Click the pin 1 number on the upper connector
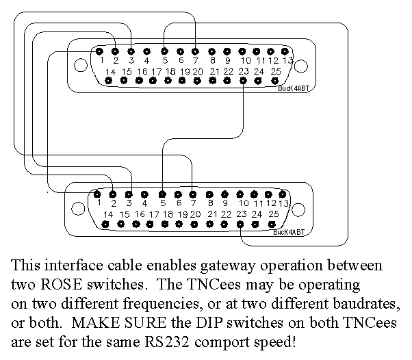pos(101,60)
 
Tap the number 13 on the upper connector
pos(288,60)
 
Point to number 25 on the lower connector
pos(273,214)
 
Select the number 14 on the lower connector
pos(107,214)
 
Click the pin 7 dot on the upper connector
pos(195,51)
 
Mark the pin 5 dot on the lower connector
pos(162,194)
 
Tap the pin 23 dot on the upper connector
pos(244,81)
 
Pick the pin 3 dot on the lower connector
pos(129,194)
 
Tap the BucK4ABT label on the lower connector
pos(288,233)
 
